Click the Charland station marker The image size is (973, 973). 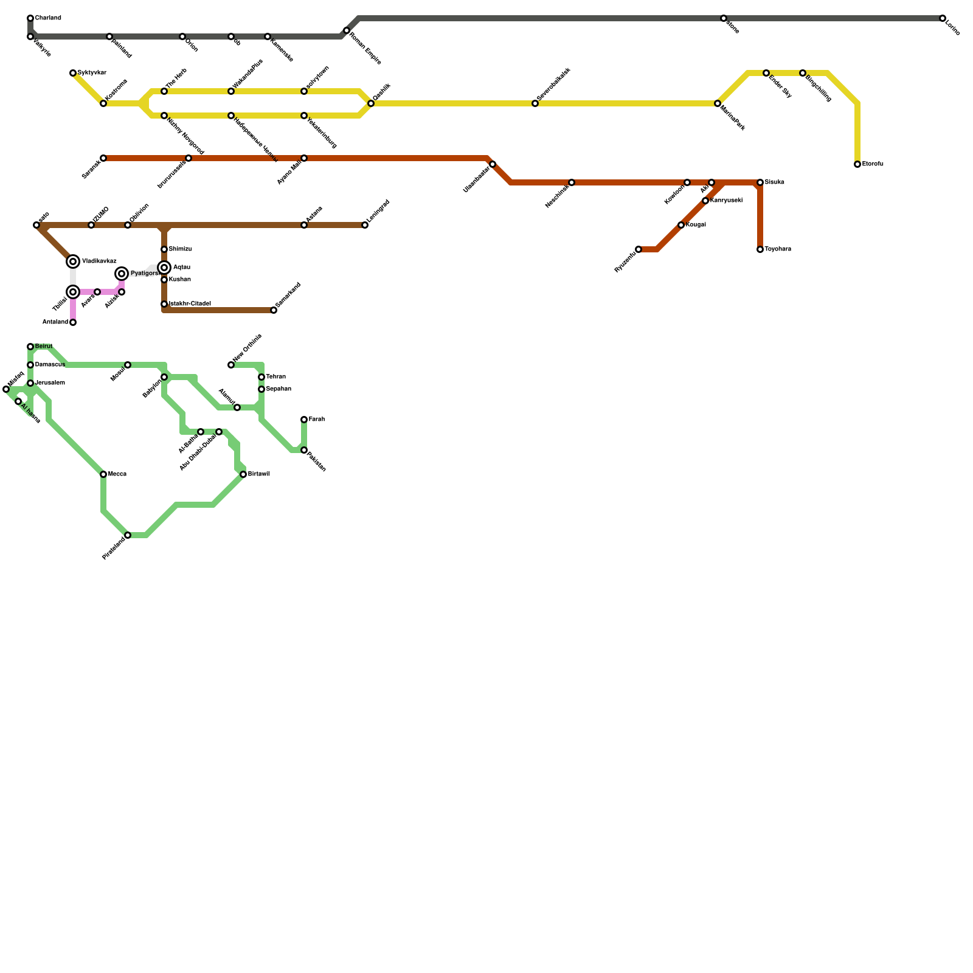coord(30,18)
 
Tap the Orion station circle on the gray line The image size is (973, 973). coord(182,37)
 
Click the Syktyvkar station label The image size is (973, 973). coord(92,73)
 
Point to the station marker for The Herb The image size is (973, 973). coord(164,91)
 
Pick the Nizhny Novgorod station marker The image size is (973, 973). coord(164,116)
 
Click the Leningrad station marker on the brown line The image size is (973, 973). coord(365,225)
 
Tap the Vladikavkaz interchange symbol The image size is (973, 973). coord(73,261)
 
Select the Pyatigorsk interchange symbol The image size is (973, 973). coord(122,274)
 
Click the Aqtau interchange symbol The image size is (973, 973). coord(164,268)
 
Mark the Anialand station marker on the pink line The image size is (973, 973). coord(73,322)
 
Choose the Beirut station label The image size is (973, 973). coord(44,347)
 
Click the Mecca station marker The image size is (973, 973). coord(103,474)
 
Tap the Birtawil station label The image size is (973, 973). coord(259,474)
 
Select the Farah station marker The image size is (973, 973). coord(304,420)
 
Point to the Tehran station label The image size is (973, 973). coord(276,377)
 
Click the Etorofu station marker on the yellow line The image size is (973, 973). coord(857,164)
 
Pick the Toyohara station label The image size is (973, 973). coord(778,249)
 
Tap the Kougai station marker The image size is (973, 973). coord(681,225)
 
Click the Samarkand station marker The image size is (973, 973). coord(274,310)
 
